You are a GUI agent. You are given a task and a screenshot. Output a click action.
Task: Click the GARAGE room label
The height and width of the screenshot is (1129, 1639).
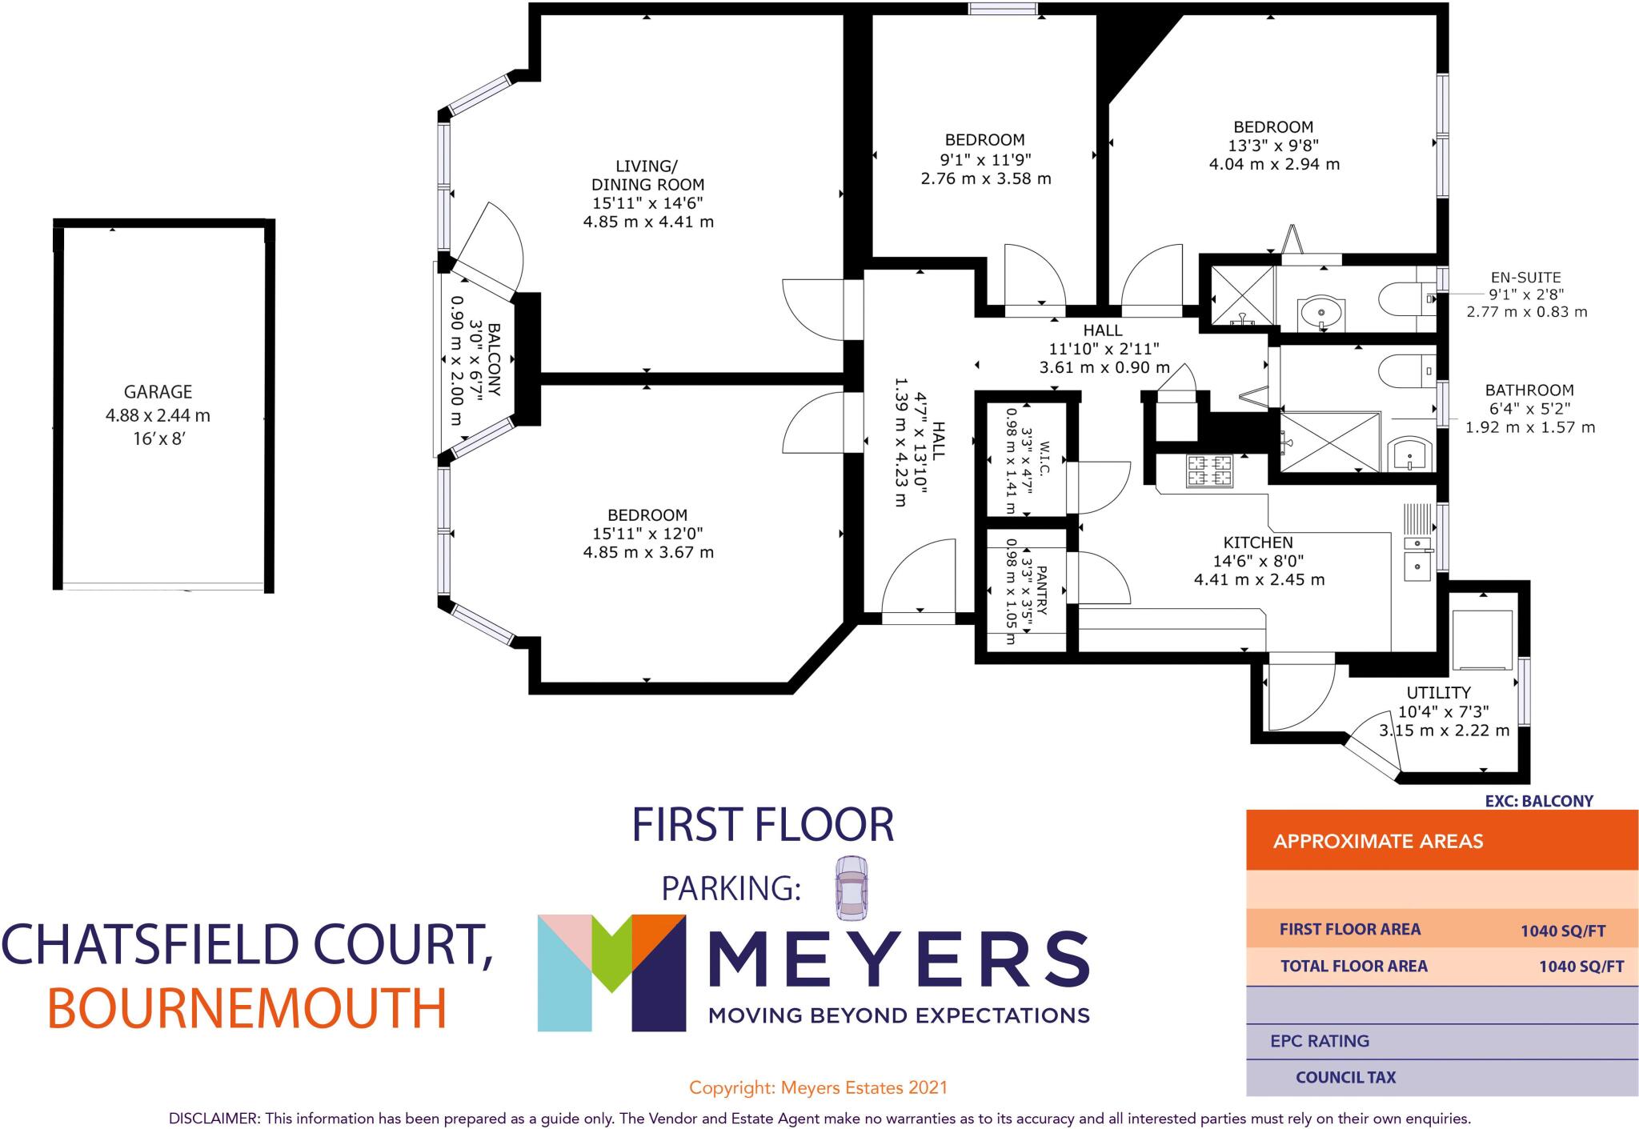point(158,392)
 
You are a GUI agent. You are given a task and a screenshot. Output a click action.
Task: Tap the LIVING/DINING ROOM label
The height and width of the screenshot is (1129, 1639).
point(647,175)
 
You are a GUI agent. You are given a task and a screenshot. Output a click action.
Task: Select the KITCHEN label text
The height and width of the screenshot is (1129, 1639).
point(1258,542)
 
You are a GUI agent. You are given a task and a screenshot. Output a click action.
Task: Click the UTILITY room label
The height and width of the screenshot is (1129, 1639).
point(1438,693)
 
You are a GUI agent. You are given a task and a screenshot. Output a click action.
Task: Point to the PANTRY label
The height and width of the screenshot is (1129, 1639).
point(1041,591)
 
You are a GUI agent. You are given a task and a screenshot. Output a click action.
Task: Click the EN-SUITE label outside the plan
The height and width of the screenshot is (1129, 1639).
point(1525,278)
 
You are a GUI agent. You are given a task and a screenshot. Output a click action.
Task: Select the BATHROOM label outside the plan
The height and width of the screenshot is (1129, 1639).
point(1529,390)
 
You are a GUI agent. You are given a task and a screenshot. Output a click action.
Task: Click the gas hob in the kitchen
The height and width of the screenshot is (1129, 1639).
point(1208,470)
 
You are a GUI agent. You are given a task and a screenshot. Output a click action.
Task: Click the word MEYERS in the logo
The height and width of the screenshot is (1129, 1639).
point(898,959)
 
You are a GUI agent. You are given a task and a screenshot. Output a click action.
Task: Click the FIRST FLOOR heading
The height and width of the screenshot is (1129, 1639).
point(762,826)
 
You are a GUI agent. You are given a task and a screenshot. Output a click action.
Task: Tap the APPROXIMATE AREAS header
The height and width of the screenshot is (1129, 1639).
point(1377,842)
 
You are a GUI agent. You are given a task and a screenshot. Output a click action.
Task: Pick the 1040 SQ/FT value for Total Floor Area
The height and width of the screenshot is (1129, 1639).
point(1581,967)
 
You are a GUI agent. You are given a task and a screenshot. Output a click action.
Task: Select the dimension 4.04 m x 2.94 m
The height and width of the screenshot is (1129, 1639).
point(1273,164)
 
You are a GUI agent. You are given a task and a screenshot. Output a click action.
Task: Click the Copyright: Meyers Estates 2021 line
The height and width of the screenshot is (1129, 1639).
point(818,1087)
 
